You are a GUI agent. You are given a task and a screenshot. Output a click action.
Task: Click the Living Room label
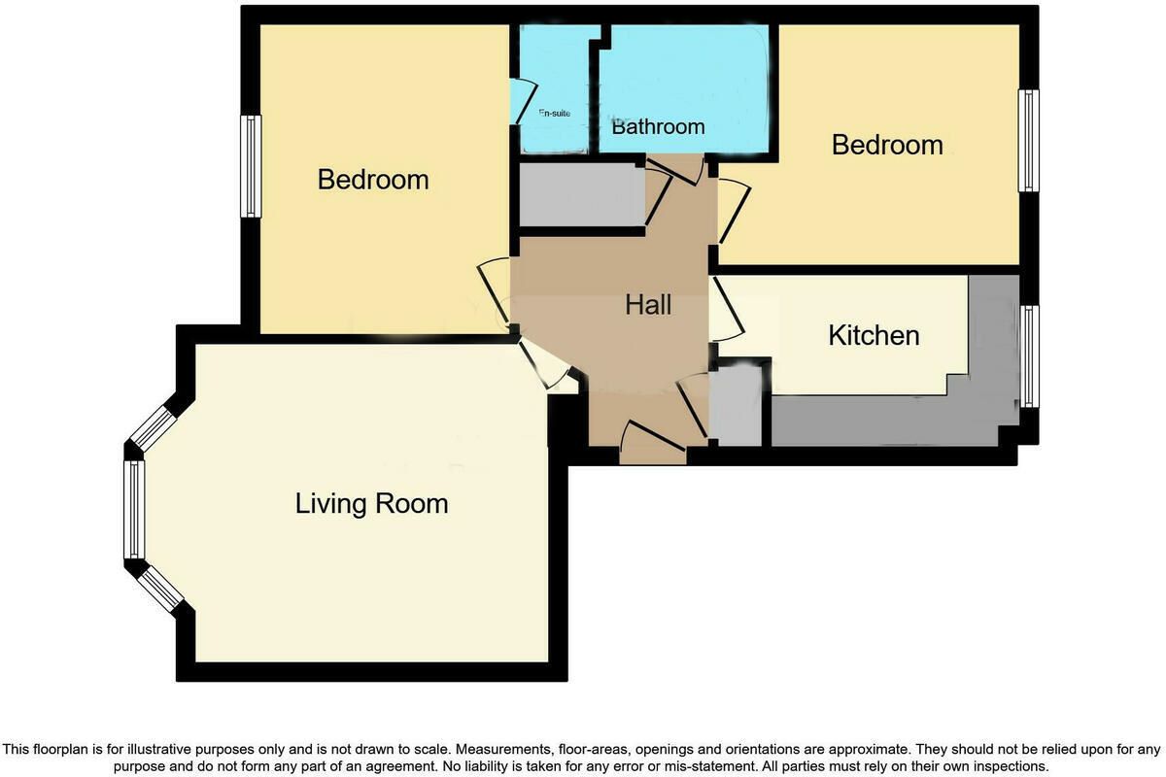pos(371,504)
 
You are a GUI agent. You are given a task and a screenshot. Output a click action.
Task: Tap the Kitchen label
pos(874,335)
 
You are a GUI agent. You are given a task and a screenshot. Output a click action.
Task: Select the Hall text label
pos(648,304)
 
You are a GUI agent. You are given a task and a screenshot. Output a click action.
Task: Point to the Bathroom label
pos(658,126)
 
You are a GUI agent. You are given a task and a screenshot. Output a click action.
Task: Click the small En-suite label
pos(555,113)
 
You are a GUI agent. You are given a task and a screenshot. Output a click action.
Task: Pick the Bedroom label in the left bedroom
pos(373,180)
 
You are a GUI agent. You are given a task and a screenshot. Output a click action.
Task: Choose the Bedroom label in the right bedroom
pos(887,145)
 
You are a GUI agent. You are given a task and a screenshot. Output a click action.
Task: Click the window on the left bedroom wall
pos(251,166)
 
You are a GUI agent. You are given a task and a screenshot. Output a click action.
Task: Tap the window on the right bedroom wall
pos(1029,141)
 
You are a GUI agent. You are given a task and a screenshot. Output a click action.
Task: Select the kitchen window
pos(1029,356)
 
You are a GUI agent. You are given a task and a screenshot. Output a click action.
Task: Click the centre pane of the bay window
pos(134,510)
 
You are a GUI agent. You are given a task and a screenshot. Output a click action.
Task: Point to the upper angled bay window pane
pos(154,428)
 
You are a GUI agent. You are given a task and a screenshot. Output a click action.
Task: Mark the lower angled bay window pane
pos(160,590)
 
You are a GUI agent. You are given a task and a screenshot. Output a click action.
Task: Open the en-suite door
pos(522,101)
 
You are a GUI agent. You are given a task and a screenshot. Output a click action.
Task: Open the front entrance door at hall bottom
pos(653,441)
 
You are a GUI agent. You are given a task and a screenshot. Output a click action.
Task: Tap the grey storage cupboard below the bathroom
pos(582,194)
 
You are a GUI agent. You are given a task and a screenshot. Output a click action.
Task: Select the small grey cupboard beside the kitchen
pos(736,405)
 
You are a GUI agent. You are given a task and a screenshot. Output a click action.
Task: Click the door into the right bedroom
pos(735,211)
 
